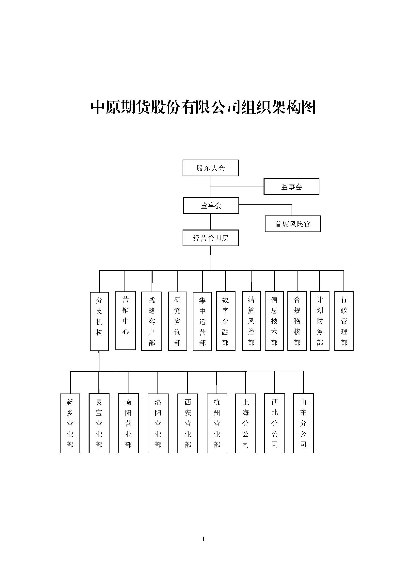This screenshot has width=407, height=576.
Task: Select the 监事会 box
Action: (291, 186)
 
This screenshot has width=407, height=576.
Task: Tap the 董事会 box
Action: (211, 205)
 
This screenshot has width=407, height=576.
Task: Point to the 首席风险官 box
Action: (293, 224)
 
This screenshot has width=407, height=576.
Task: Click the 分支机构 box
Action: (99, 321)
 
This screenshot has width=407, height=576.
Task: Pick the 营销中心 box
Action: (125, 320)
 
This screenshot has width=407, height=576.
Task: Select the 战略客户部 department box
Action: (151, 321)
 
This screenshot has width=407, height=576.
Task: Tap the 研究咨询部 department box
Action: (177, 321)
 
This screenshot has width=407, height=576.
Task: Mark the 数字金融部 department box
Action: (226, 321)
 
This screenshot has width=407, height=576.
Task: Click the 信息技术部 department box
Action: (274, 321)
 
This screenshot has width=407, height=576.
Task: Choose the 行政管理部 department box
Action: (344, 321)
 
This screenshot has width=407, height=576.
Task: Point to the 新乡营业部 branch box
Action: (70, 423)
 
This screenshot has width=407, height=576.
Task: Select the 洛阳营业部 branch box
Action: (158, 423)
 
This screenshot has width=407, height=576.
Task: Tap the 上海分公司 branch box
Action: (246, 423)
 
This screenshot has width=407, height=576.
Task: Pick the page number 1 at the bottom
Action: (203, 539)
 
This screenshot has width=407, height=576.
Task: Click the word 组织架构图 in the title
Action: (278, 107)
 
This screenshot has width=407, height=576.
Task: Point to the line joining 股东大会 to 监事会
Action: (237, 186)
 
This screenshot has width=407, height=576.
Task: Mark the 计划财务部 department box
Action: (320, 321)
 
